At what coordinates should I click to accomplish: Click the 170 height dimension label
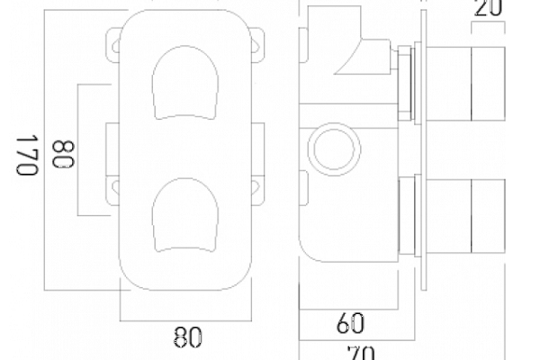[27, 155]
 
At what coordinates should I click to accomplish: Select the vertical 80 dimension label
[63, 154]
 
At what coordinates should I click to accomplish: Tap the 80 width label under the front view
[187, 337]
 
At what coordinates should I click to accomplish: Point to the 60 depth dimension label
[350, 323]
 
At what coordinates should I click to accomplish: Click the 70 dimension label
[361, 353]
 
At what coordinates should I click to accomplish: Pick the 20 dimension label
[489, 7]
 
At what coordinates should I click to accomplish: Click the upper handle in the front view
[185, 83]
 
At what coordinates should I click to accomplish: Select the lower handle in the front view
[185, 215]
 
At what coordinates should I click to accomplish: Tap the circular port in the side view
[334, 149]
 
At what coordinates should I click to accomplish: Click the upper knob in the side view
[466, 84]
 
